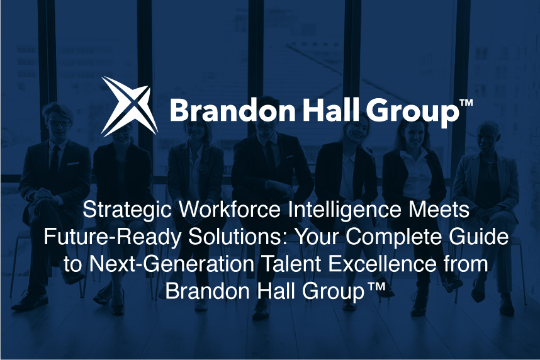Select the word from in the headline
(464, 264)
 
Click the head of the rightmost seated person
(488, 135)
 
